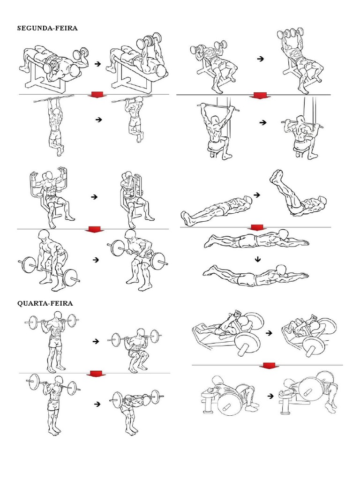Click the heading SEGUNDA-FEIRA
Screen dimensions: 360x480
pos(47,28)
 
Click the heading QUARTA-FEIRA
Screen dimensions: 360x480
pos(45,303)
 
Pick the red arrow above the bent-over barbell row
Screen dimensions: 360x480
pos(95,229)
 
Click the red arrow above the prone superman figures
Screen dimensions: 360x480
pos(257,228)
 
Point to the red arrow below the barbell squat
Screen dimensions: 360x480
pos(96,374)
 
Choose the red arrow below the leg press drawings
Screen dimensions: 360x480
pos(269,365)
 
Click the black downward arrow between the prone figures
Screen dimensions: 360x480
pos(257,259)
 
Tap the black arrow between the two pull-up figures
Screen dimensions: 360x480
pos(98,120)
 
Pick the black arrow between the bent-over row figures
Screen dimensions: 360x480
pos(97,259)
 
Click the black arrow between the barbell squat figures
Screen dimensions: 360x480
pos(97,342)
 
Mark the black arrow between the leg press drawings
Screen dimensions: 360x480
pos(269,333)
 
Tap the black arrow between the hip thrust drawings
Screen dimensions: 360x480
pos(270,396)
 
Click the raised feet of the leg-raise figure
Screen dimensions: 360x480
pos(277,177)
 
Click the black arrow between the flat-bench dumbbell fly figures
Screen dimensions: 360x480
pos(97,62)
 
